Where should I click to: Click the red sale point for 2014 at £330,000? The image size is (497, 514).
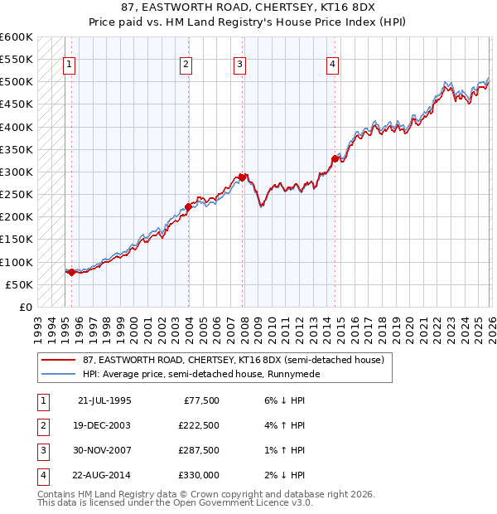point(335,158)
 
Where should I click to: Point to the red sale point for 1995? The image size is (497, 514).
point(72,272)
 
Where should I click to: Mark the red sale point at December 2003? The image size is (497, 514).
point(188,206)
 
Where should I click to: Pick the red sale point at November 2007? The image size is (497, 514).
point(243,177)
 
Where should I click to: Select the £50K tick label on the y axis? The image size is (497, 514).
point(20,284)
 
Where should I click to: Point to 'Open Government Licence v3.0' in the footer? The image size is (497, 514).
point(239,502)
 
